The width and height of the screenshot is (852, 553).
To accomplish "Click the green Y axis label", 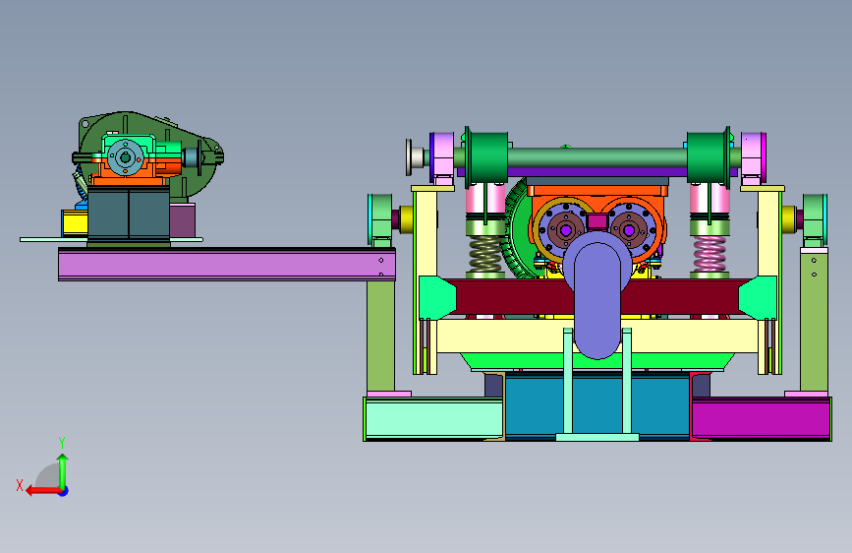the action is point(62,442).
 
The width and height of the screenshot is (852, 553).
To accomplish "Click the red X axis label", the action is point(20,485).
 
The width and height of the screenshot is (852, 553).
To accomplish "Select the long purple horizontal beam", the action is point(227,265).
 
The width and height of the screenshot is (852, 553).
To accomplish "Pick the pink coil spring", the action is point(710,254).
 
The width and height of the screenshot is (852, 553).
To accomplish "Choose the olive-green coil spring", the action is point(485,254).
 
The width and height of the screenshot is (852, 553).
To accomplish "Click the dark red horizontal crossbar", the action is point(596,297).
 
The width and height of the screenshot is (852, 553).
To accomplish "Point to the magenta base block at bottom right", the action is point(761,418).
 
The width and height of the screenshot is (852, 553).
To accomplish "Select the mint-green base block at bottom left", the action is point(433,418).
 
